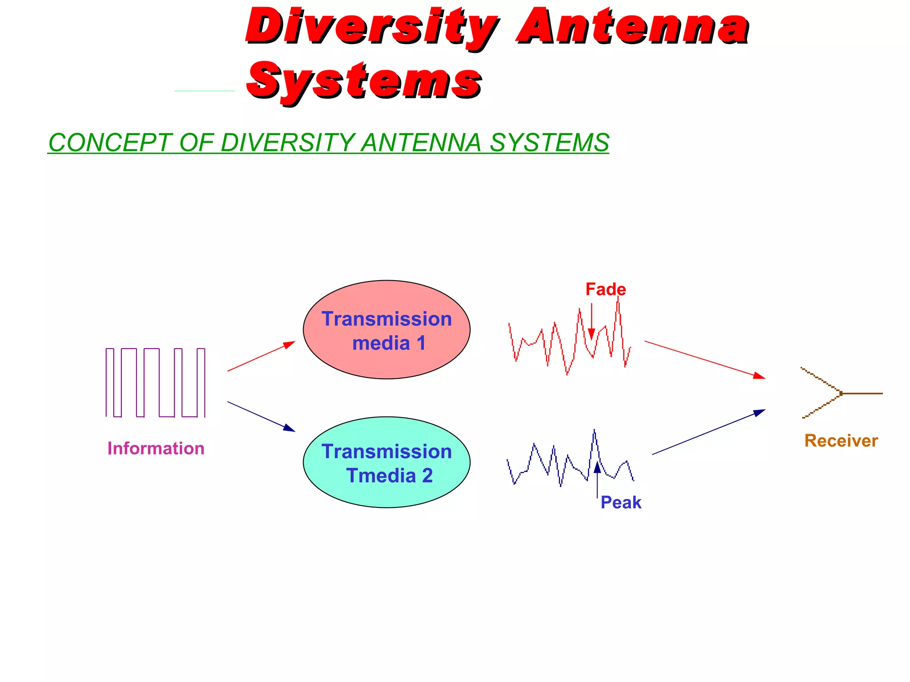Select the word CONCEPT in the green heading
[109, 143]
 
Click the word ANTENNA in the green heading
[421, 143]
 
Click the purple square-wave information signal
[156, 383]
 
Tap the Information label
[156, 448]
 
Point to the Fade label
[606, 289]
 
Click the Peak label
[621, 503]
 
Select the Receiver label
[841, 441]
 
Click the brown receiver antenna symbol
[835, 393]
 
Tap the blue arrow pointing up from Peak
[597, 480]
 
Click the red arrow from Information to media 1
[261, 356]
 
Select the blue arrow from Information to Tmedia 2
[261, 416]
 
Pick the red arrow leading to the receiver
[705, 360]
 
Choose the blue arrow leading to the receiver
[708, 432]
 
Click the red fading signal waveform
[555, 337]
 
